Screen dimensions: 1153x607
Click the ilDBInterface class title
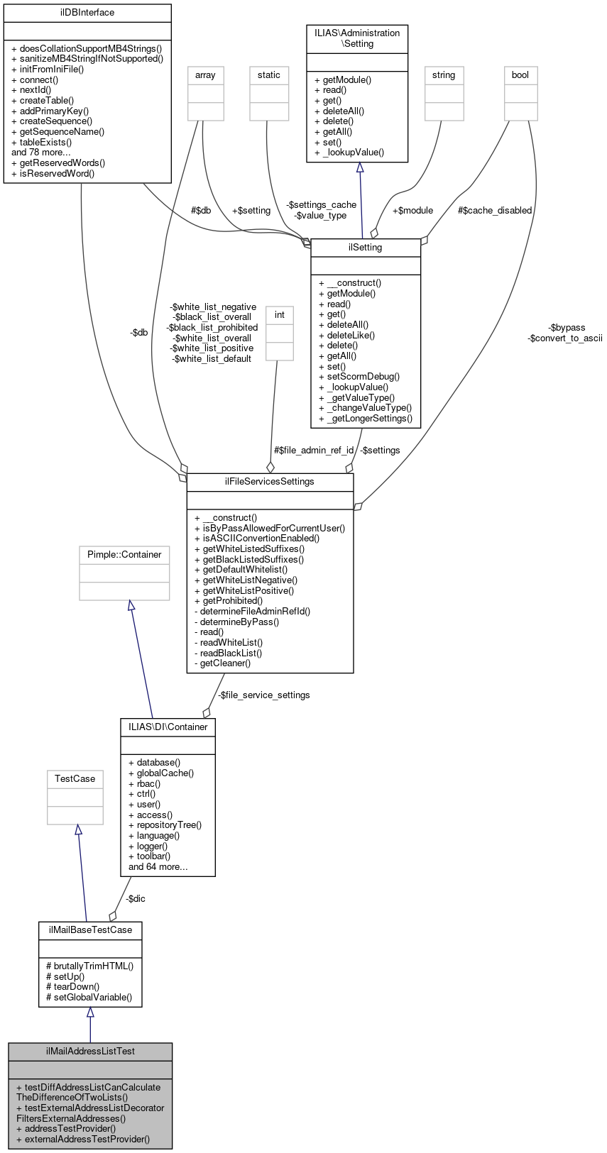click(87, 13)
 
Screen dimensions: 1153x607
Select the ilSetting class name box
click(366, 248)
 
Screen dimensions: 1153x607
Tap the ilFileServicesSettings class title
click(270, 482)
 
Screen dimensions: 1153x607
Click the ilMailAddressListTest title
click(90, 1051)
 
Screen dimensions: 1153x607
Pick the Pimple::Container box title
click(124, 555)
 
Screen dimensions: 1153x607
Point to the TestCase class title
click(75, 779)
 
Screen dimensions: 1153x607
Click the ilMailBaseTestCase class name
click(90, 929)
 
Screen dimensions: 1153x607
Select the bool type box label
click(520, 75)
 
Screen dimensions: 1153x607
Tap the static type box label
click(269, 75)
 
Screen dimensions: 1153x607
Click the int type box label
click(280, 315)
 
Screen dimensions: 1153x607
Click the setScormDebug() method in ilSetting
click(359, 377)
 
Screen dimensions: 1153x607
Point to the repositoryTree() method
click(165, 825)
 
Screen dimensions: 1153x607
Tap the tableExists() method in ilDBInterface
click(42, 142)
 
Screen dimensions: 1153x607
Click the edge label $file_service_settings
click(264, 695)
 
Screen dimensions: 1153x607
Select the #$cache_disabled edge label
click(495, 211)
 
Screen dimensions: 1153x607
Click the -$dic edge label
click(136, 899)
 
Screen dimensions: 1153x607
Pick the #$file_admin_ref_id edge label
click(314, 451)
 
